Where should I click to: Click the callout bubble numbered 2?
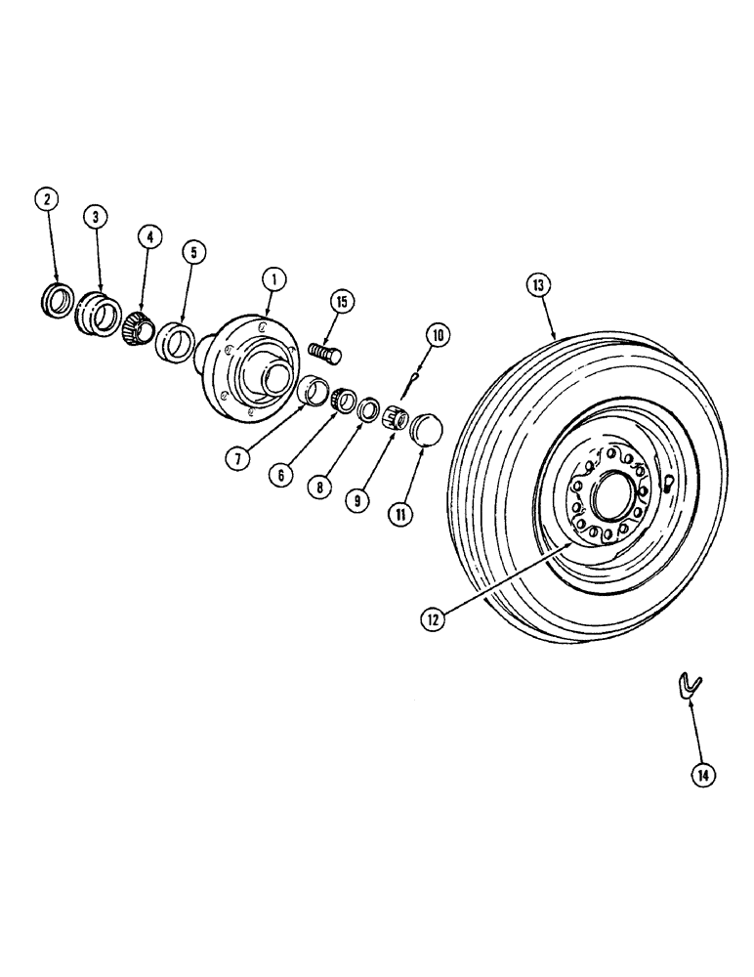point(48,198)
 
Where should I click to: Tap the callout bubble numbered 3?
point(95,217)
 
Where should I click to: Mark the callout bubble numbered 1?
point(275,279)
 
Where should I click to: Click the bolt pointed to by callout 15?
point(324,350)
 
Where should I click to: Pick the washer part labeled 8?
point(367,408)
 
